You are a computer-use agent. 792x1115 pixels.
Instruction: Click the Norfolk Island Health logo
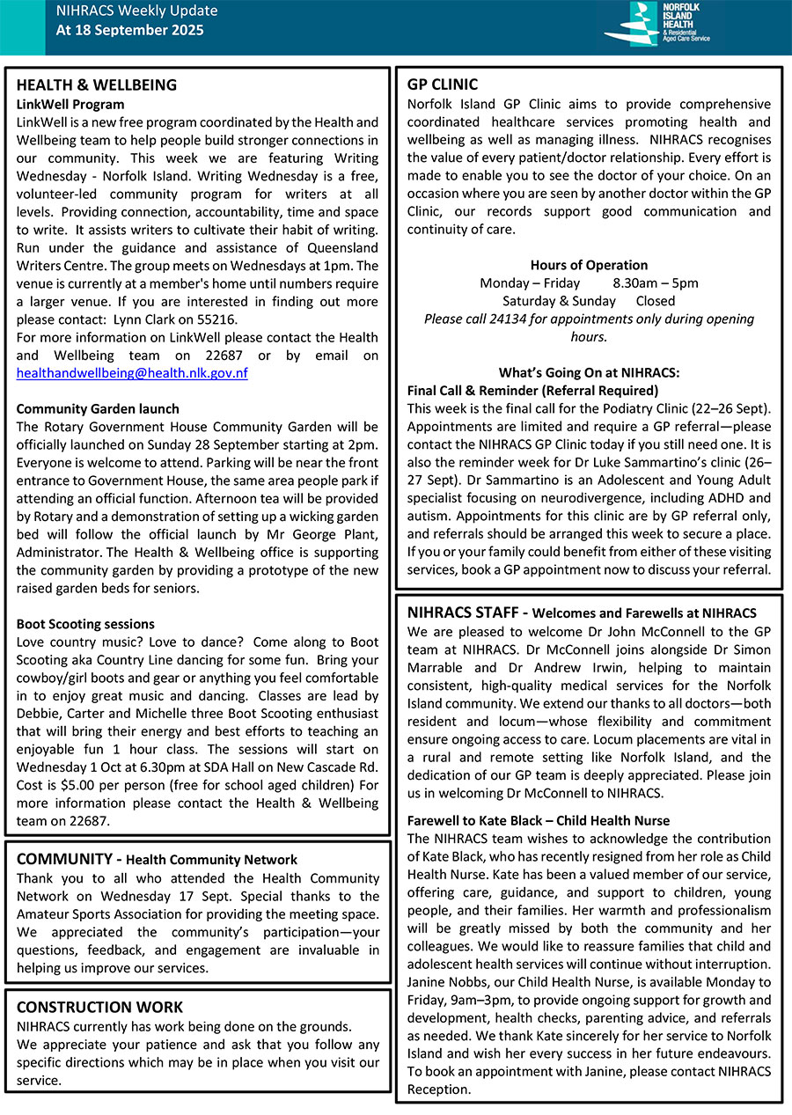click(656, 25)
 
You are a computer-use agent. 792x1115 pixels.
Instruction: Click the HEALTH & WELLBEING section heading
click(97, 85)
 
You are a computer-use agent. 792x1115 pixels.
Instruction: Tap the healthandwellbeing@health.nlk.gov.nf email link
click(132, 373)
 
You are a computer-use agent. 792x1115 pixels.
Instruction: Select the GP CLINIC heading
click(443, 85)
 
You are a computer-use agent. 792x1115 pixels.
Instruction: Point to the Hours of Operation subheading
click(589, 265)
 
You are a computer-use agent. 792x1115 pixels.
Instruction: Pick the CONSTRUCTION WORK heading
click(99, 1008)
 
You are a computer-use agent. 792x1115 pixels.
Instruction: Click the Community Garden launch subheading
click(98, 409)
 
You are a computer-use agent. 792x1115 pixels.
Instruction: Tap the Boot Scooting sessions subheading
click(85, 624)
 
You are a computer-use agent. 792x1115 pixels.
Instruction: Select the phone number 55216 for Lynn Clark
click(219, 319)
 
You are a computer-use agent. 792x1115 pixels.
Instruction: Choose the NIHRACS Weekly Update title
click(136, 11)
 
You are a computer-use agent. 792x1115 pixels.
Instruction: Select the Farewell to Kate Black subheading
click(539, 820)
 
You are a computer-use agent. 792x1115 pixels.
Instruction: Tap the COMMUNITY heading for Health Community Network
click(63, 859)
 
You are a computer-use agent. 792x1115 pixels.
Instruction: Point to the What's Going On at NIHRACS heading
click(589, 372)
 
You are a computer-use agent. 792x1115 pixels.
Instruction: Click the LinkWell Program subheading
click(70, 104)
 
